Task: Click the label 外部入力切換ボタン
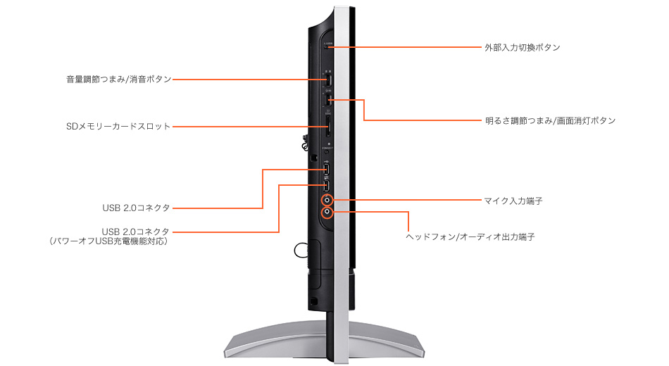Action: (523, 47)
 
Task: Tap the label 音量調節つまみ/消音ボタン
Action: (118, 80)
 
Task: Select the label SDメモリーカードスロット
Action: (118, 126)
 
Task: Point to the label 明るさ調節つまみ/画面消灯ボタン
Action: (551, 121)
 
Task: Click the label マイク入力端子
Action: (513, 201)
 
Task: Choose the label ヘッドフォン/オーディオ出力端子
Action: (470, 236)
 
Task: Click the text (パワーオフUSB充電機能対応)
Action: (108, 241)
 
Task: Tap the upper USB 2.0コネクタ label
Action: (136, 208)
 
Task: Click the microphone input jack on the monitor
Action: (327, 199)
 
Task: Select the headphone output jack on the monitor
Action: (327, 211)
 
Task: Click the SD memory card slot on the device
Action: (327, 127)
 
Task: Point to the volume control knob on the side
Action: (329, 80)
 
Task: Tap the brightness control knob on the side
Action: (329, 100)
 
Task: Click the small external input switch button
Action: (327, 47)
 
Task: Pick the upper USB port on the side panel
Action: (327, 170)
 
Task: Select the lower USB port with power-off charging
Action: (327, 185)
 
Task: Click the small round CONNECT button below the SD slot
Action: (327, 151)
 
